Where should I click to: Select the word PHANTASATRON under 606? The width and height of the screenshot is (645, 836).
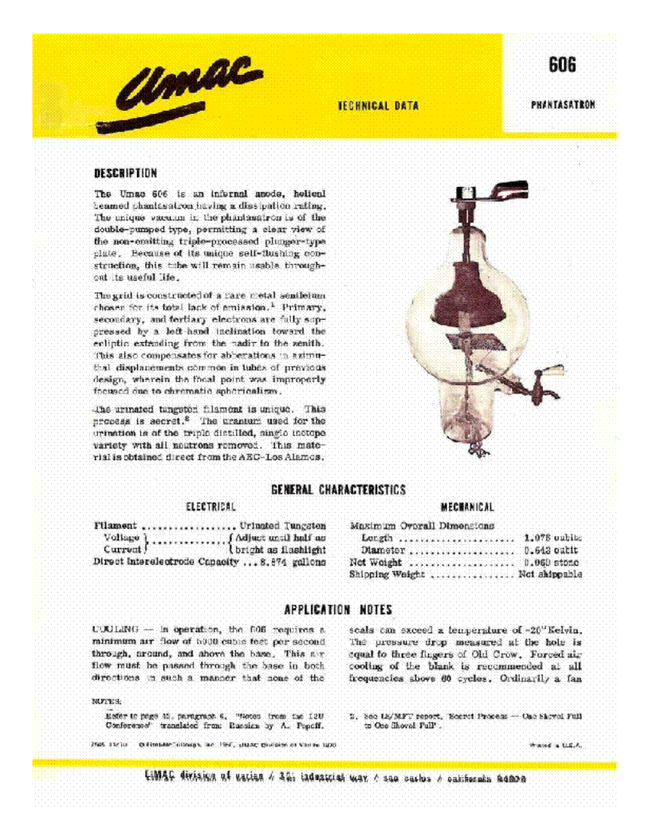point(562,104)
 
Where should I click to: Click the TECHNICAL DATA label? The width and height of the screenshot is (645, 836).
point(378,105)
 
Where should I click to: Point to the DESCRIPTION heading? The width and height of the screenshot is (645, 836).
point(125,172)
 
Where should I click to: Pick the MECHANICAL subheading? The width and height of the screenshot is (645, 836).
point(467,507)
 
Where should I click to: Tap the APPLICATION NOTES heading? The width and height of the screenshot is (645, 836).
point(338,609)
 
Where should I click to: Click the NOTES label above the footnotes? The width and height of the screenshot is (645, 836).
point(106,701)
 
